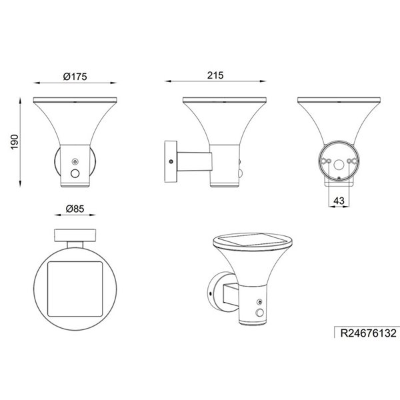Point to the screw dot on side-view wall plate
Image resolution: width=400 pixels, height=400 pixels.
click(x=171, y=161)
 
